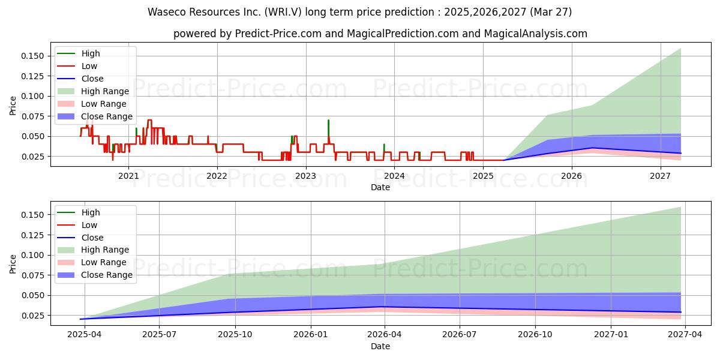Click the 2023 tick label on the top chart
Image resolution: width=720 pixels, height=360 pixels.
point(305,176)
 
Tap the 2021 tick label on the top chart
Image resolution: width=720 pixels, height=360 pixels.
point(128,176)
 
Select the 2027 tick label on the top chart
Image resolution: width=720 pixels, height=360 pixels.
point(660,176)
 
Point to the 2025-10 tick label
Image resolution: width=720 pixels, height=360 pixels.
point(235,335)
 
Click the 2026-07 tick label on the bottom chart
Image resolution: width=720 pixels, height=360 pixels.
point(460,335)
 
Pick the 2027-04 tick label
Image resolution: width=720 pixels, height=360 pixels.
point(685,335)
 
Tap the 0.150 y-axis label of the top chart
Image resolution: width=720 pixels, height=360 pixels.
point(32,56)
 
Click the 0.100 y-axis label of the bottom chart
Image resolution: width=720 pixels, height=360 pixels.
point(32,255)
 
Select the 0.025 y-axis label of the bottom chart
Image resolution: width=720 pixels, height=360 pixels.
point(32,316)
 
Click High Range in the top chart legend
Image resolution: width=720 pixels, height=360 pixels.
point(105,91)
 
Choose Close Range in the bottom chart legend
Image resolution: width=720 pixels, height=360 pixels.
point(107,275)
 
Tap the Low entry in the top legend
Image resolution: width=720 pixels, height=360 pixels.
point(89,66)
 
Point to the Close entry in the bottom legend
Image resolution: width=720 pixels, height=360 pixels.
point(92,238)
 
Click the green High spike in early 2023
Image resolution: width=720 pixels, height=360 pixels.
point(328,128)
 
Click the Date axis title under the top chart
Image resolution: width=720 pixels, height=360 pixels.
point(380,187)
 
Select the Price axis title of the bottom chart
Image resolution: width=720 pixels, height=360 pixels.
point(13,264)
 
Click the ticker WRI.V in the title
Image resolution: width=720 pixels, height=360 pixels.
point(283,12)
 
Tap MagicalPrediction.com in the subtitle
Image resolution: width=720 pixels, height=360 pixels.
point(403,34)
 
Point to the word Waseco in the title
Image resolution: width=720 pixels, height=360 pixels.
point(167,12)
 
